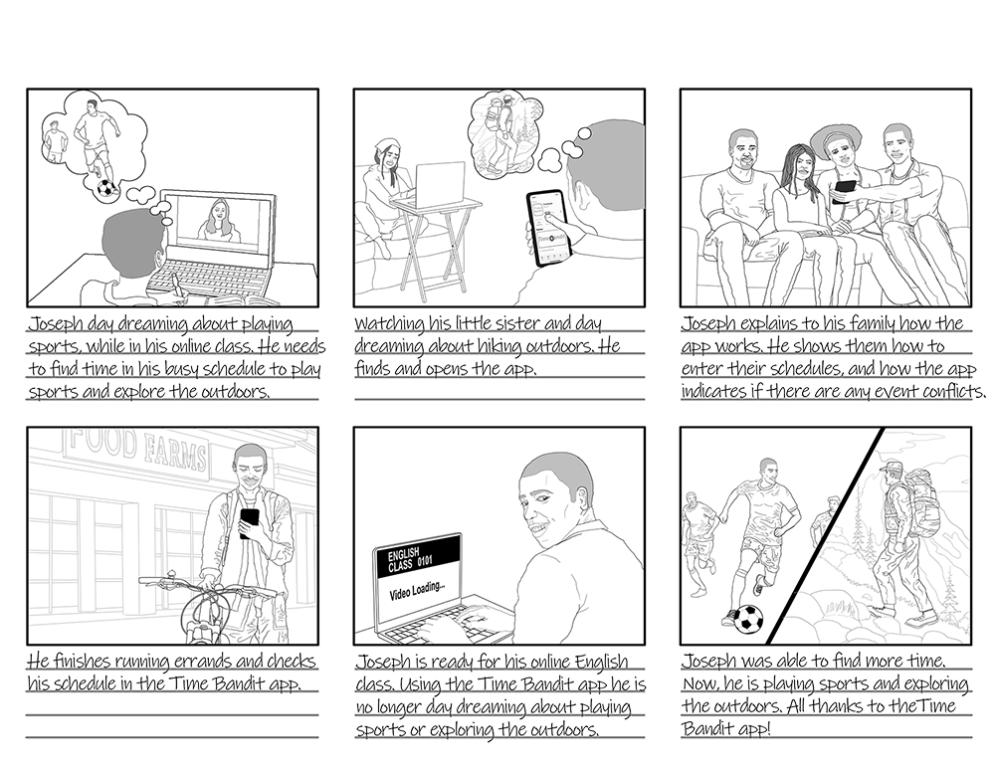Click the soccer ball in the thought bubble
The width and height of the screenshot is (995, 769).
pyautogui.click(x=106, y=188)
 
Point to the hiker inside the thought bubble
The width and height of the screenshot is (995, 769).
pyautogui.click(x=501, y=134)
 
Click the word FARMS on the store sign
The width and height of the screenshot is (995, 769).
pyautogui.click(x=174, y=451)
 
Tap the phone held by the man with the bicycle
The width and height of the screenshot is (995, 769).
pyautogui.click(x=250, y=522)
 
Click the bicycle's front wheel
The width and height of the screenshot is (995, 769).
pyautogui.click(x=204, y=618)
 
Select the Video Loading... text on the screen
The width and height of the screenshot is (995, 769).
pyautogui.click(x=417, y=590)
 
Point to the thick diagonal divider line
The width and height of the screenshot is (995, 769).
pyautogui.click(x=825, y=535)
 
